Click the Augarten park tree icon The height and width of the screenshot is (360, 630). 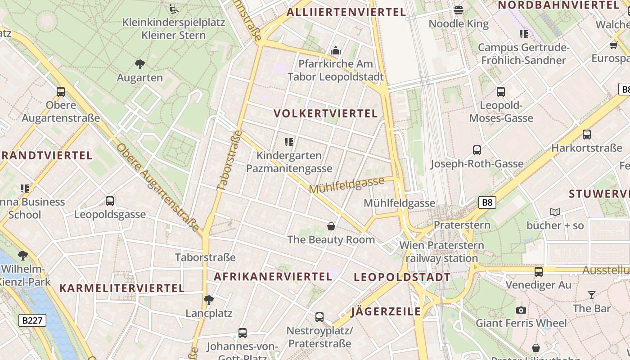[x=140, y=64]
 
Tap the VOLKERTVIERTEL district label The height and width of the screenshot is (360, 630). [x=326, y=113]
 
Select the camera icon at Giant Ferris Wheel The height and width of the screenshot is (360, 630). [x=521, y=310]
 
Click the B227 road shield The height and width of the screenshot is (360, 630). [x=32, y=320]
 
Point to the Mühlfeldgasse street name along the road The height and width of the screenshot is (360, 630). [x=346, y=185]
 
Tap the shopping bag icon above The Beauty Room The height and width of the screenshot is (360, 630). [x=331, y=226]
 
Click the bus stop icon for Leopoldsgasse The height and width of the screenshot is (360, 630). [x=110, y=201]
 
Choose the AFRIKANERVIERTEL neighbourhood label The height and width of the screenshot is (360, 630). [x=273, y=276]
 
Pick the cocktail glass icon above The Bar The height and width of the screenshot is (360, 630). [x=591, y=295]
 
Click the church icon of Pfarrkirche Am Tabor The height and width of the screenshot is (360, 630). [x=336, y=51]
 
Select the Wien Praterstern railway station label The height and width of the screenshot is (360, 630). [x=441, y=252]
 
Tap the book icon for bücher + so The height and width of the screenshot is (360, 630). [x=555, y=212]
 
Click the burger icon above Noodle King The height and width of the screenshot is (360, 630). [x=459, y=10]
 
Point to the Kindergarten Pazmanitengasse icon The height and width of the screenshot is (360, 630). [x=289, y=142]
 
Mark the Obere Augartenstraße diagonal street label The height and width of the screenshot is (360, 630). [x=157, y=188]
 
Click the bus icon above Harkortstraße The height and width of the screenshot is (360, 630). [x=587, y=134]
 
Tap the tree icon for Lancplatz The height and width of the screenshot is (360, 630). [x=208, y=300]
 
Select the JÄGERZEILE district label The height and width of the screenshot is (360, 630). [x=386, y=311]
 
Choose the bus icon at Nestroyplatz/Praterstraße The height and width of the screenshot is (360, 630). [x=319, y=317]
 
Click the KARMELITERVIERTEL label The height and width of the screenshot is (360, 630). [x=122, y=288]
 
